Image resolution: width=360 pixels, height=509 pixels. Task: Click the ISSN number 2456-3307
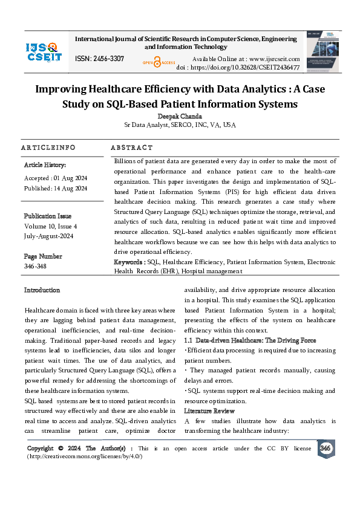100,59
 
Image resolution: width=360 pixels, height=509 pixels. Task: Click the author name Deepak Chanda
180,116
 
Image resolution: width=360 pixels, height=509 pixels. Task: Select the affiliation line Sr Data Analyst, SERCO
180,125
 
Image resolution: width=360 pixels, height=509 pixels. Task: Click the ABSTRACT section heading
132,148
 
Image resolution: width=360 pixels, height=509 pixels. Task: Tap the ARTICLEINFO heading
48,148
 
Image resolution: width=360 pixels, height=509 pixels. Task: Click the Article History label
45,165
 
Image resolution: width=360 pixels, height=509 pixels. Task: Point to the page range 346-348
34,266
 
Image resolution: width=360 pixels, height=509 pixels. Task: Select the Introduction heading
42,290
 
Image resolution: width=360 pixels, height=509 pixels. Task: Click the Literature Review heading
209,411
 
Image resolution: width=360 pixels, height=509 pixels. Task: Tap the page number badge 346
325,448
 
